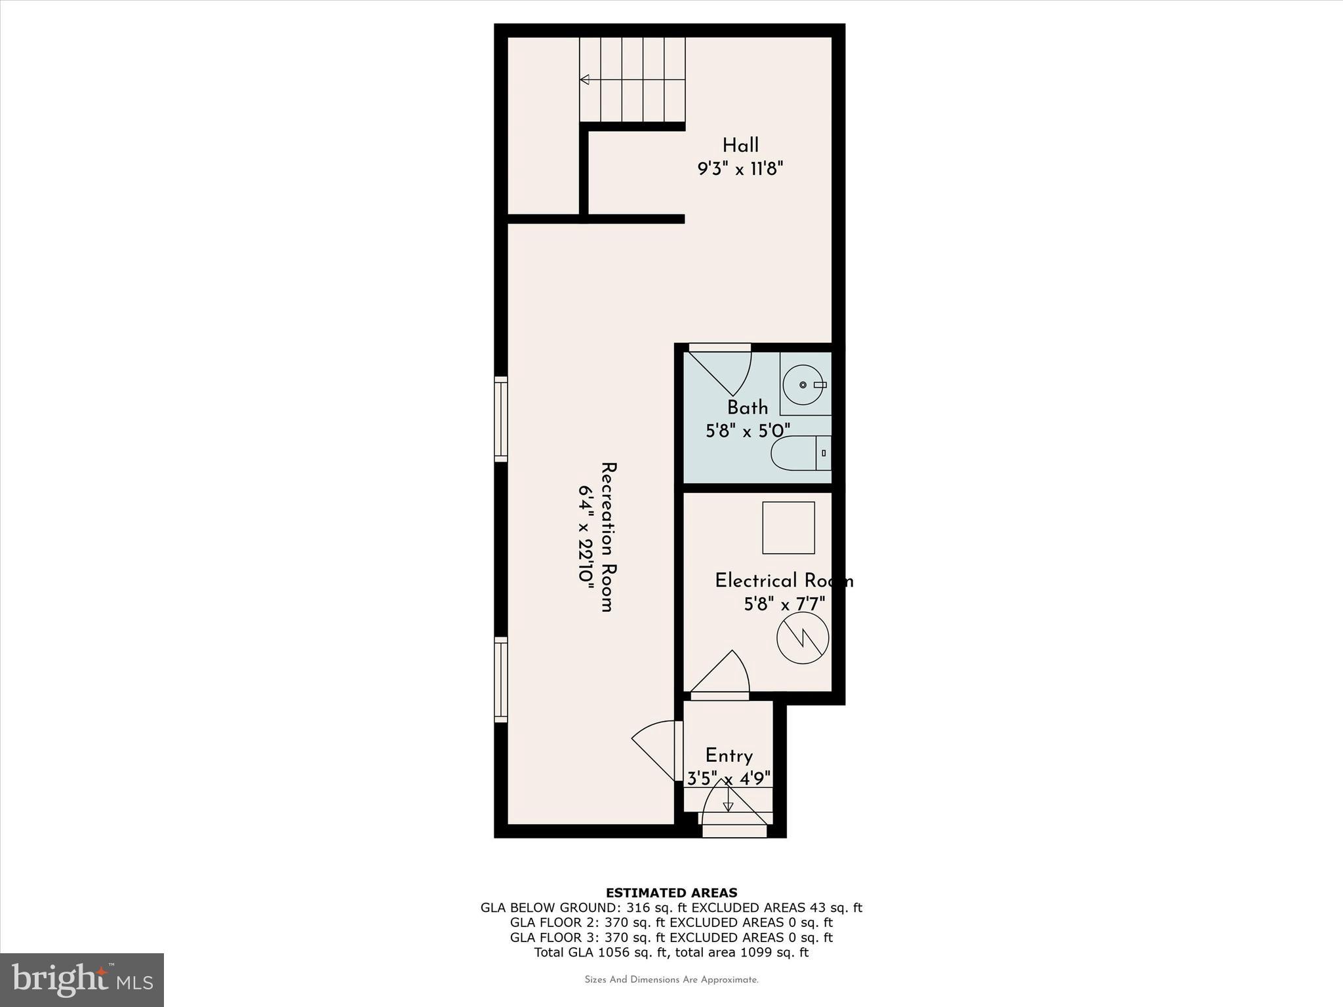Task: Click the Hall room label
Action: coord(740,146)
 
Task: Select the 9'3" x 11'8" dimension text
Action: coord(740,169)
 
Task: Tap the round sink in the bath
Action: coord(803,385)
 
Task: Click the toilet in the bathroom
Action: coord(800,453)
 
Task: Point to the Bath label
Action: coord(748,408)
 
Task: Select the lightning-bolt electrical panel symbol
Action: coord(803,637)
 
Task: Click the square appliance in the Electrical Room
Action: coord(788,528)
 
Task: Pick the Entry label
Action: coord(729,756)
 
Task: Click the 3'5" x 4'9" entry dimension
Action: coord(729,779)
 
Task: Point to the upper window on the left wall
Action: coord(501,419)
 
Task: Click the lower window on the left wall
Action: coord(501,679)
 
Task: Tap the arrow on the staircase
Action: coord(585,80)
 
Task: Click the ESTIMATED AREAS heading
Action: coord(671,892)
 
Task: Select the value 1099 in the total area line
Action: coord(755,953)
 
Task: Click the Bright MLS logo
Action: coord(82,980)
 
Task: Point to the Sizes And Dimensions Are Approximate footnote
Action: coord(671,980)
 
